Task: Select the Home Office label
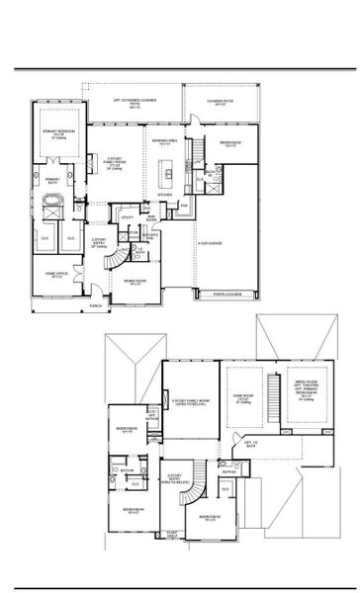coord(55,276)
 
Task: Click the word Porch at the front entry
coord(96,305)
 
